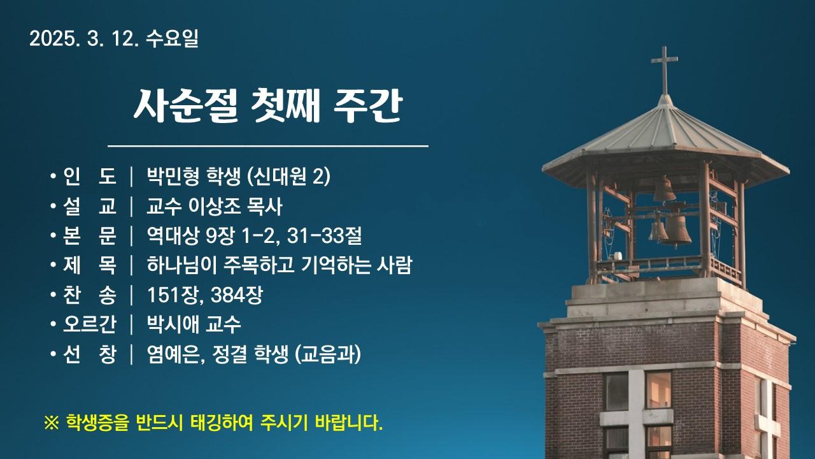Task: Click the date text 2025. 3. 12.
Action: point(84,39)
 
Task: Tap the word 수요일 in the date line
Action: point(172,39)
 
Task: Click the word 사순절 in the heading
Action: point(186,106)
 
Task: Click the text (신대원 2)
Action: point(288,177)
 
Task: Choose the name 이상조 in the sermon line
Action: point(215,206)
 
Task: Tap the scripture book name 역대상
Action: point(173,236)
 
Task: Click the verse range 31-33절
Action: point(324,236)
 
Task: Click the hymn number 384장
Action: point(236,295)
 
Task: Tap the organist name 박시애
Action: point(173,324)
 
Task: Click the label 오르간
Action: point(90,324)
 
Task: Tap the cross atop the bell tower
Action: point(664,69)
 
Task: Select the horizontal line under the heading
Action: point(268,147)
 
